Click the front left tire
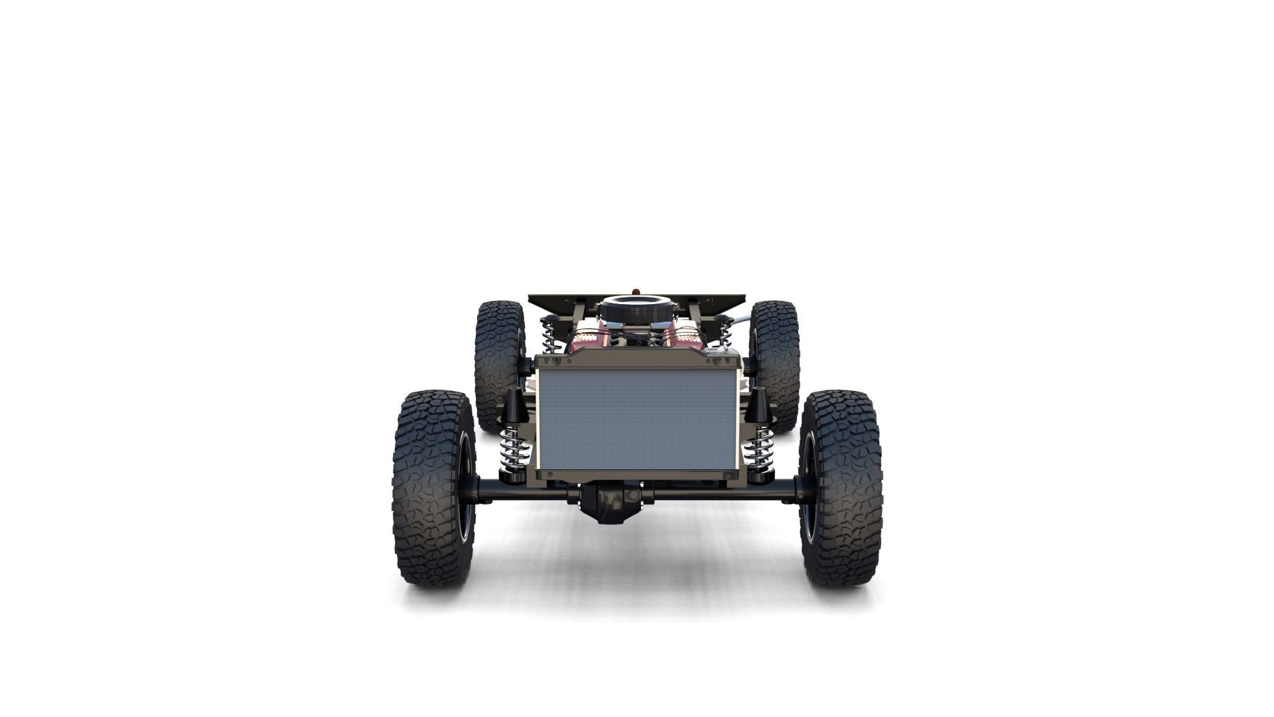(431, 488)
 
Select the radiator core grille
(637, 420)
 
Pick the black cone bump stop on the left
(514, 406)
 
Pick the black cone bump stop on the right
(757, 406)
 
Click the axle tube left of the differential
(524, 491)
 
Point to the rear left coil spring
(549, 335)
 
